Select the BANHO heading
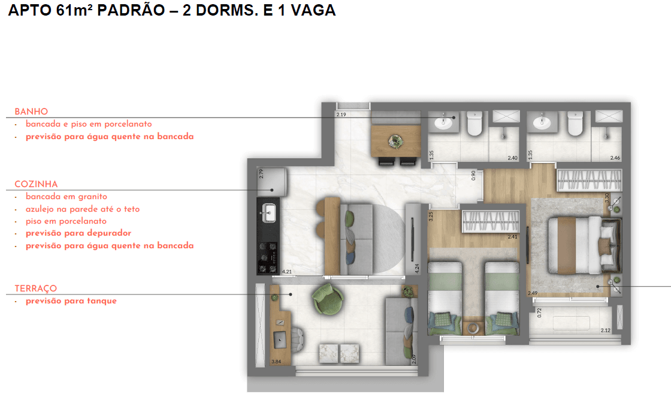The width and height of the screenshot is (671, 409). pos(31,112)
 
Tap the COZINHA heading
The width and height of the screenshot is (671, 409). pos(36,184)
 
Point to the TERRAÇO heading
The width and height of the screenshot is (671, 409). pos(36,288)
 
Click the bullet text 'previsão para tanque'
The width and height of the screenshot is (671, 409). pos(71,301)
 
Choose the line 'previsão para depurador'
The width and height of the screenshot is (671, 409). pos(78,233)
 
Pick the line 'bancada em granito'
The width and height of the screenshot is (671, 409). pos(66,197)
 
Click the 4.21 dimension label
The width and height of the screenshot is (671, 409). pos(286,272)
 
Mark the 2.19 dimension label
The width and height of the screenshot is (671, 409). pos(341,114)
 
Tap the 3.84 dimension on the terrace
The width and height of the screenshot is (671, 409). pos(276,361)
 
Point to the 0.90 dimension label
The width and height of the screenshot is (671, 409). pos(473,175)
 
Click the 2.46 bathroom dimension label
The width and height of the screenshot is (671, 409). pos(615,158)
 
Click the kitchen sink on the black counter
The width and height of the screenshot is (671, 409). pos(268,212)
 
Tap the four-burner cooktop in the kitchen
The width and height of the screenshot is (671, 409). pos(268,254)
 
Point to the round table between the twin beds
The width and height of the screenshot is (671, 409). pos(473,328)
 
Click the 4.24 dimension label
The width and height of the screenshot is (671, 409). pos(417,268)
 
